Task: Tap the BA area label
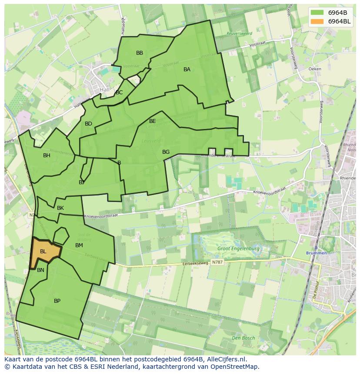pyautogui.click(x=187, y=70)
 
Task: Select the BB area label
pyautogui.click(x=140, y=53)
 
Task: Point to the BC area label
pyautogui.click(x=119, y=93)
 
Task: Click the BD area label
pyautogui.click(x=88, y=124)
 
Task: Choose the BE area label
pyautogui.click(x=153, y=121)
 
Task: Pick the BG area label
pyautogui.click(x=166, y=152)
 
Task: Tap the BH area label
pyautogui.click(x=47, y=156)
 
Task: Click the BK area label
pyautogui.click(x=60, y=208)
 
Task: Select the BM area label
pyautogui.click(x=79, y=245)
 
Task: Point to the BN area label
pyautogui.click(x=40, y=270)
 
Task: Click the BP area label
pyautogui.click(x=57, y=301)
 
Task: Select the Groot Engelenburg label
pyautogui.click(x=239, y=249)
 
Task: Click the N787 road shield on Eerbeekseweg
pyautogui.click(x=217, y=262)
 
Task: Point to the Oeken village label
pyautogui.click(x=314, y=69)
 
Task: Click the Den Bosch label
pyautogui.click(x=243, y=338)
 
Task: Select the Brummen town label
pyautogui.click(x=316, y=253)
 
